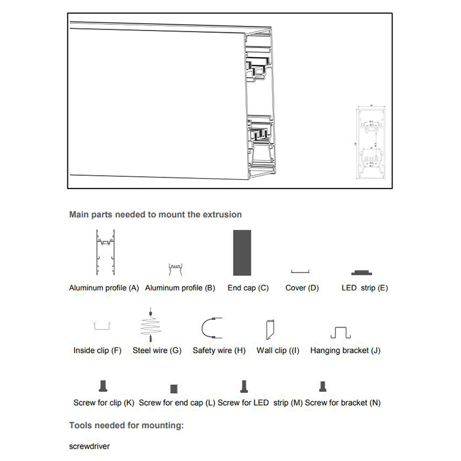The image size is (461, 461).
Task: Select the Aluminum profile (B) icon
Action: [x=175, y=269]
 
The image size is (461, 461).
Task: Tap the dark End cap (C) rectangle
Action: [x=243, y=253]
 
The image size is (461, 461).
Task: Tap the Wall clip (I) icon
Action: [x=269, y=329]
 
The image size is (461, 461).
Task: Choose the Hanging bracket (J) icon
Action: [x=341, y=332]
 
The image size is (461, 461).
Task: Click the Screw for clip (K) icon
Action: [x=104, y=386]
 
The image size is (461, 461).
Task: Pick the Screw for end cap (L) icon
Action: [x=172, y=388]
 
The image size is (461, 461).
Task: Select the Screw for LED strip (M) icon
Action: [x=244, y=386]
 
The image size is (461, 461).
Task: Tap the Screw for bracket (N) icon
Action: [x=322, y=386]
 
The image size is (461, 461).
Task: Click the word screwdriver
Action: [x=89, y=446]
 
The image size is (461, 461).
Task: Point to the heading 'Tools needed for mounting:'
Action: [x=126, y=426]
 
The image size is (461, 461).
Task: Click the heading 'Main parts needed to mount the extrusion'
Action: [x=155, y=214]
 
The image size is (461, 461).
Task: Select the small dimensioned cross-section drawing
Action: [x=371, y=142]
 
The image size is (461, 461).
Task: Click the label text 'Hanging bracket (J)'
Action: [x=345, y=350]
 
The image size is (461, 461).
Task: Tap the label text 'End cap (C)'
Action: [x=248, y=288]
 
